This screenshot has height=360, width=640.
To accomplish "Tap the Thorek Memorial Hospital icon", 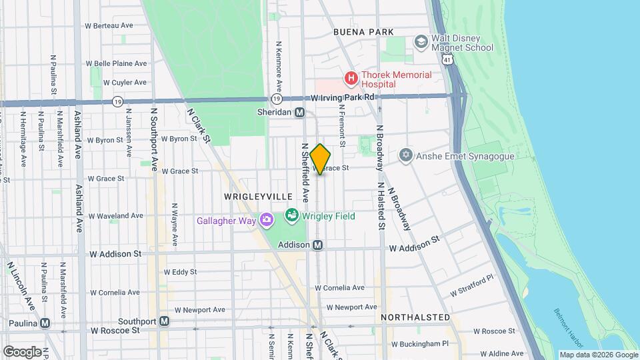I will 351,79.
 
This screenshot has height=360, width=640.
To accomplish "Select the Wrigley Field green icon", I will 291,215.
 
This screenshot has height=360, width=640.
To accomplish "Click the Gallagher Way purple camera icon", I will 267,220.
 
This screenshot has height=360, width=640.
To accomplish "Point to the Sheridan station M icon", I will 300,113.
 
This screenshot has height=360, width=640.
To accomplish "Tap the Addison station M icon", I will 318,245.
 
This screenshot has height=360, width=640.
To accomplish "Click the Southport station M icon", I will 164,321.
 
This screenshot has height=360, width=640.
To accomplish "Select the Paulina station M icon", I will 45,323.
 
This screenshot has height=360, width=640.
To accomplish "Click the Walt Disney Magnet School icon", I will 421,42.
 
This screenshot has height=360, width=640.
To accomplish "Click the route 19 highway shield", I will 117,102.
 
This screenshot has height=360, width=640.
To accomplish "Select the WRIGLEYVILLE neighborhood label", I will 258,197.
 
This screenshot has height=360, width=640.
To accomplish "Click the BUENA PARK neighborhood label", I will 363,32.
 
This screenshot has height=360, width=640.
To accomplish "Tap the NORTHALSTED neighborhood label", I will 415,317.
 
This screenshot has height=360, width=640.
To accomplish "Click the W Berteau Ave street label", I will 109,25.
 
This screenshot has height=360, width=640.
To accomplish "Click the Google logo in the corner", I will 22,351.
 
